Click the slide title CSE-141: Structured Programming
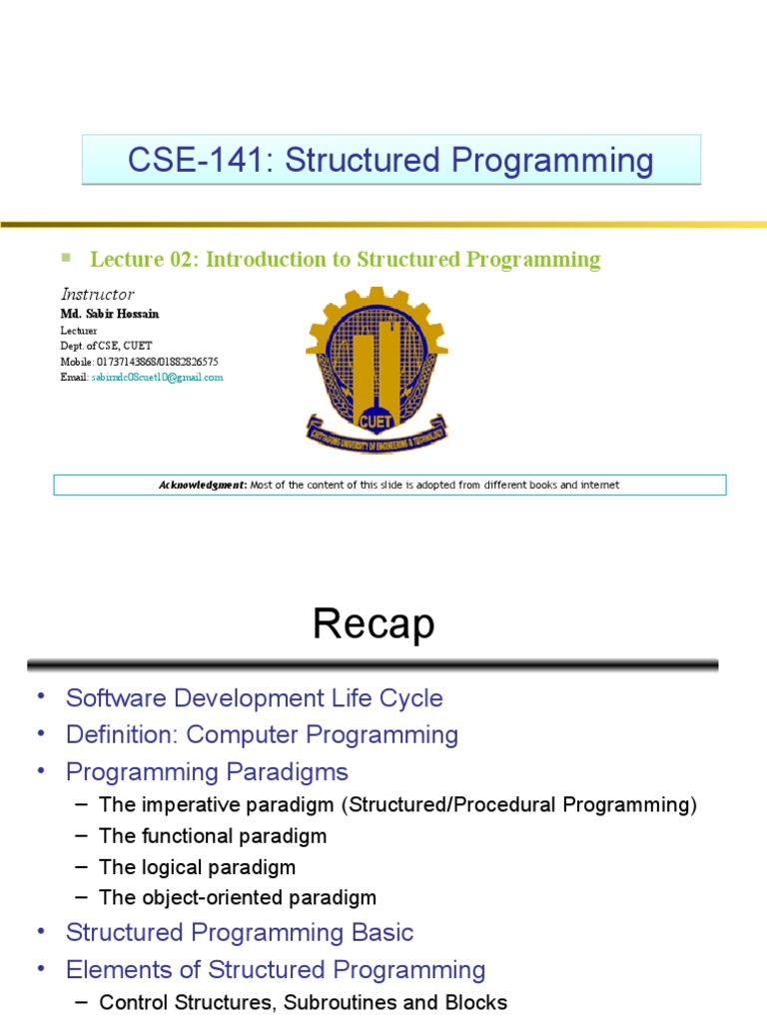(390, 160)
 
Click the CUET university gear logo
(377, 369)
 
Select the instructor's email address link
(157, 377)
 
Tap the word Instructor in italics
(97, 294)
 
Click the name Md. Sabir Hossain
(110, 314)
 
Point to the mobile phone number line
(139, 361)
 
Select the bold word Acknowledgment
(203, 486)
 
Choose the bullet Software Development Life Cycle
(254, 697)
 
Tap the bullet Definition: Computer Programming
(262, 735)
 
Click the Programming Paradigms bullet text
(207, 772)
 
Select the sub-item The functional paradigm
(213, 835)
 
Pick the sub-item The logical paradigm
(198, 866)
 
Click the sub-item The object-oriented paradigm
(238, 897)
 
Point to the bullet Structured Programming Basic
(239, 933)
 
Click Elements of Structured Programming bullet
(275, 970)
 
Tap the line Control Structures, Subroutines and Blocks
(304, 1002)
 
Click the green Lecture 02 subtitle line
(346, 260)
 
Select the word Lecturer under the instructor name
(79, 330)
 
